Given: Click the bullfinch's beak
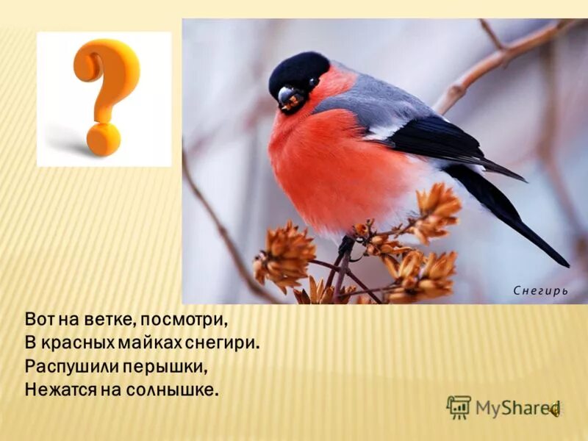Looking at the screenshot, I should (286, 96).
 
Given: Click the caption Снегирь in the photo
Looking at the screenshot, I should (540, 290).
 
